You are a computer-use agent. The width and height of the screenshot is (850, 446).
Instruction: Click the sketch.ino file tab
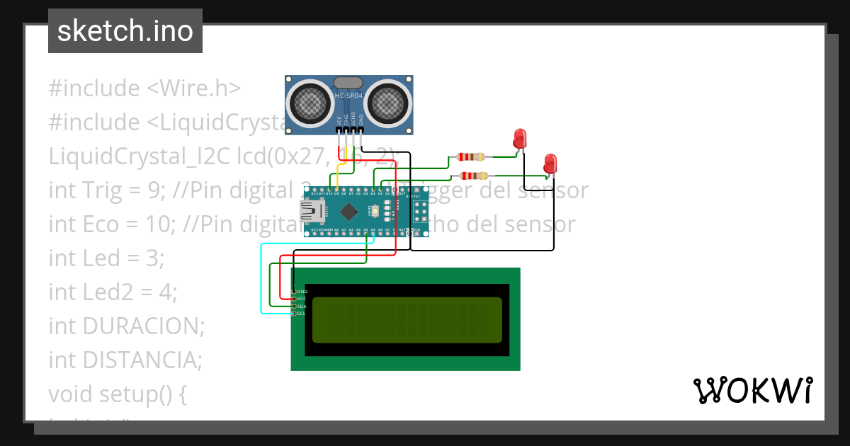125,31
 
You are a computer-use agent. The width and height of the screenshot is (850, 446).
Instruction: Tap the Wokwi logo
752,391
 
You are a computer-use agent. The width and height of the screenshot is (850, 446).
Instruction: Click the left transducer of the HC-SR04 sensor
310,103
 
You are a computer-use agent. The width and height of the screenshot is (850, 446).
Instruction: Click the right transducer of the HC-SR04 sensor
388,103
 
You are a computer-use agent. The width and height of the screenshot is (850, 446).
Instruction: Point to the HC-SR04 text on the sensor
349,96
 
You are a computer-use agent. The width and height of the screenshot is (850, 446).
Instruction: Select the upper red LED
521,137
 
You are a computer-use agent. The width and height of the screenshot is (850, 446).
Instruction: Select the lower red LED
550,163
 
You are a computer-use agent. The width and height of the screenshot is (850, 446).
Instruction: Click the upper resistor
471,156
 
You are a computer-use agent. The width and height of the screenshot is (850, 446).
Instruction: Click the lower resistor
473,176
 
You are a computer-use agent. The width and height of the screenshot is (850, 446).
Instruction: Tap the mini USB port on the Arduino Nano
310,211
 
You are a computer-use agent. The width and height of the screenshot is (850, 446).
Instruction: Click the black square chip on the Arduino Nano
349,211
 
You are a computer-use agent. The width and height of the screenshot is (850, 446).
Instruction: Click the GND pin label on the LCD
302,292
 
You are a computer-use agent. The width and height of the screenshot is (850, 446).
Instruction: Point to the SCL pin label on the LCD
301,313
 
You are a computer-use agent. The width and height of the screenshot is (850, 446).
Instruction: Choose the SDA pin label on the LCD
301,306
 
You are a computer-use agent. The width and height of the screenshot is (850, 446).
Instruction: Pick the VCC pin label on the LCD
301,299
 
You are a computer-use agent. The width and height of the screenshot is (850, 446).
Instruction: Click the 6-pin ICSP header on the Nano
419,211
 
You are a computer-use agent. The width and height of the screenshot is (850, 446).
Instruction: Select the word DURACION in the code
143,326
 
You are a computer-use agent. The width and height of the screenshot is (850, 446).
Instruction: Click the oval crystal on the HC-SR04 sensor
349,83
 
